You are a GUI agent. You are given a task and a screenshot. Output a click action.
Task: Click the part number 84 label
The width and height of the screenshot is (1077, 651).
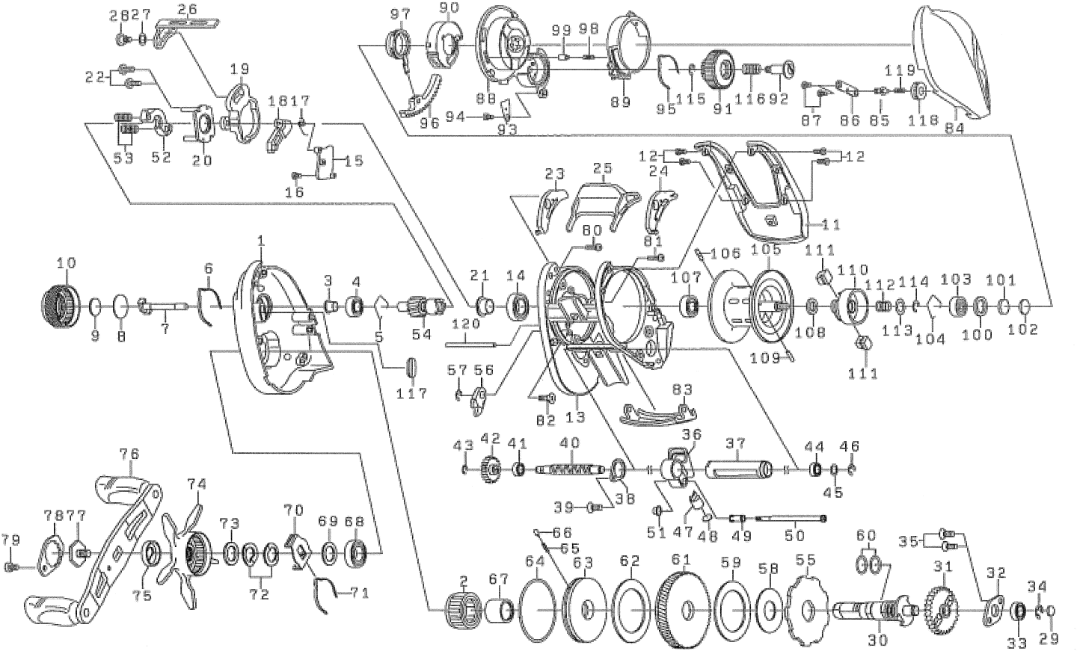pyautogui.click(x=954, y=128)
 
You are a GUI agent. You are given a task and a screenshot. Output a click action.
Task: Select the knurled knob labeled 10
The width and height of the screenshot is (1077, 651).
pyautogui.click(x=60, y=305)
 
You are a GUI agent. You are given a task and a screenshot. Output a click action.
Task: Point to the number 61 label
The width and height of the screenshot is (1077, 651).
pyautogui.click(x=681, y=560)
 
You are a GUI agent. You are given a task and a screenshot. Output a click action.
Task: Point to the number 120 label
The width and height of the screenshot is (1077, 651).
pyautogui.click(x=466, y=324)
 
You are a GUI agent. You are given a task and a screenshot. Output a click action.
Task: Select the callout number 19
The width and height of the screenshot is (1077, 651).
pyautogui.click(x=240, y=70)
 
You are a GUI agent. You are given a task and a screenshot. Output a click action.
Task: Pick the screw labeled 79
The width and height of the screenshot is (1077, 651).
pyautogui.click(x=11, y=567)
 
